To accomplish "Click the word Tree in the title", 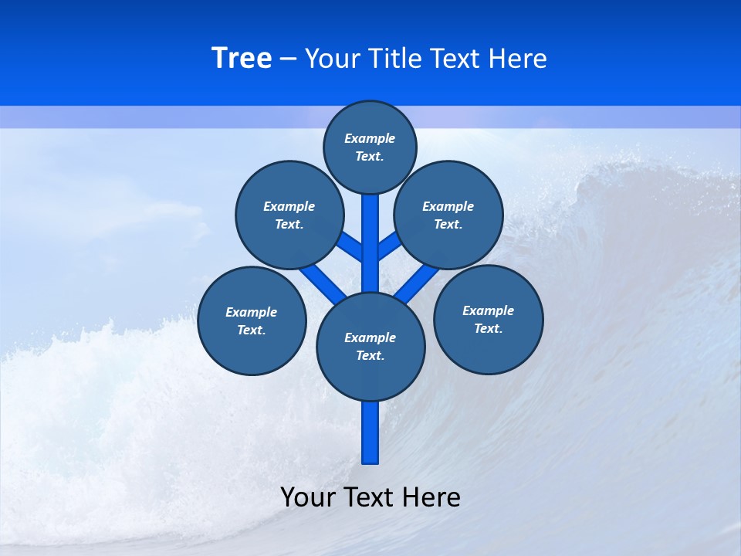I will (x=242, y=59).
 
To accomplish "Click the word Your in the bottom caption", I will (x=309, y=497).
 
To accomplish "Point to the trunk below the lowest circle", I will (x=370, y=432).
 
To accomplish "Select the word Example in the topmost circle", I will (x=370, y=138).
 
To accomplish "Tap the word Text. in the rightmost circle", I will (x=488, y=328).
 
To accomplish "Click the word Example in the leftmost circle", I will (x=251, y=312).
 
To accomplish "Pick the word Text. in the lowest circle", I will (x=370, y=355).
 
